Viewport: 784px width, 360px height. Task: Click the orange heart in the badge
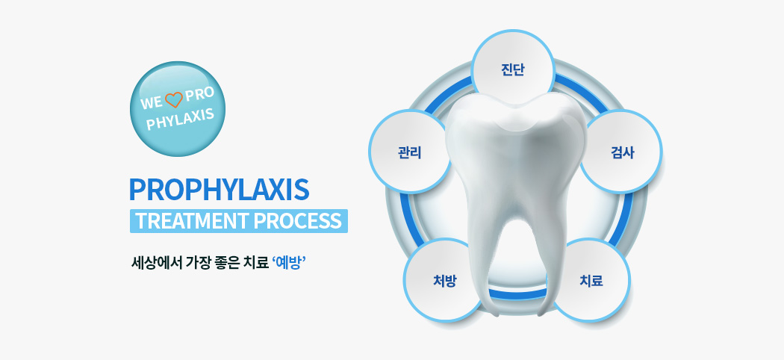point(174,100)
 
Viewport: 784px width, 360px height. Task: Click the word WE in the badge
point(151,102)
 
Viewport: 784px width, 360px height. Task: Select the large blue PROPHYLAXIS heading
point(219,190)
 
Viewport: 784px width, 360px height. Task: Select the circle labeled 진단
point(513,69)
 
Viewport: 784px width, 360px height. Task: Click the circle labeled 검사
point(621,152)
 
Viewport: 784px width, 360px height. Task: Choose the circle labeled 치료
point(591,280)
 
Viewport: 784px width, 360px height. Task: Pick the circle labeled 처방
point(445,280)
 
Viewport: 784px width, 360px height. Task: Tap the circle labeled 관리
point(410,152)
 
